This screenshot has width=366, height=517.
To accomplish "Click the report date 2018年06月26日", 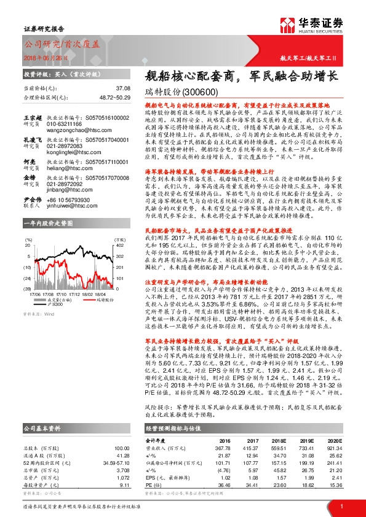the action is tap(42, 58).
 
